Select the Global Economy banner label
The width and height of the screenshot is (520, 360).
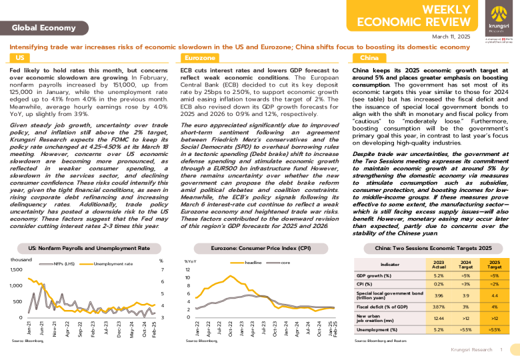pos(43,27)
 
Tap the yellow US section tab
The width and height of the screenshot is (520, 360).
pos(20,59)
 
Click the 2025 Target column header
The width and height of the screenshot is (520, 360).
pos(494,265)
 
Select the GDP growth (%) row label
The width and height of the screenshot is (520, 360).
pos(374,275)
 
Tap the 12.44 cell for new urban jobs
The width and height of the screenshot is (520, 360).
pos(438,319)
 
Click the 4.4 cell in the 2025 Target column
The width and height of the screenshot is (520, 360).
pos(494,295)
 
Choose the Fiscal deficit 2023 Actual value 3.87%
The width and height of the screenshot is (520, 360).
pos(438,306)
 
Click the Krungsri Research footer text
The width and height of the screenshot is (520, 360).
pos(471,349)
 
